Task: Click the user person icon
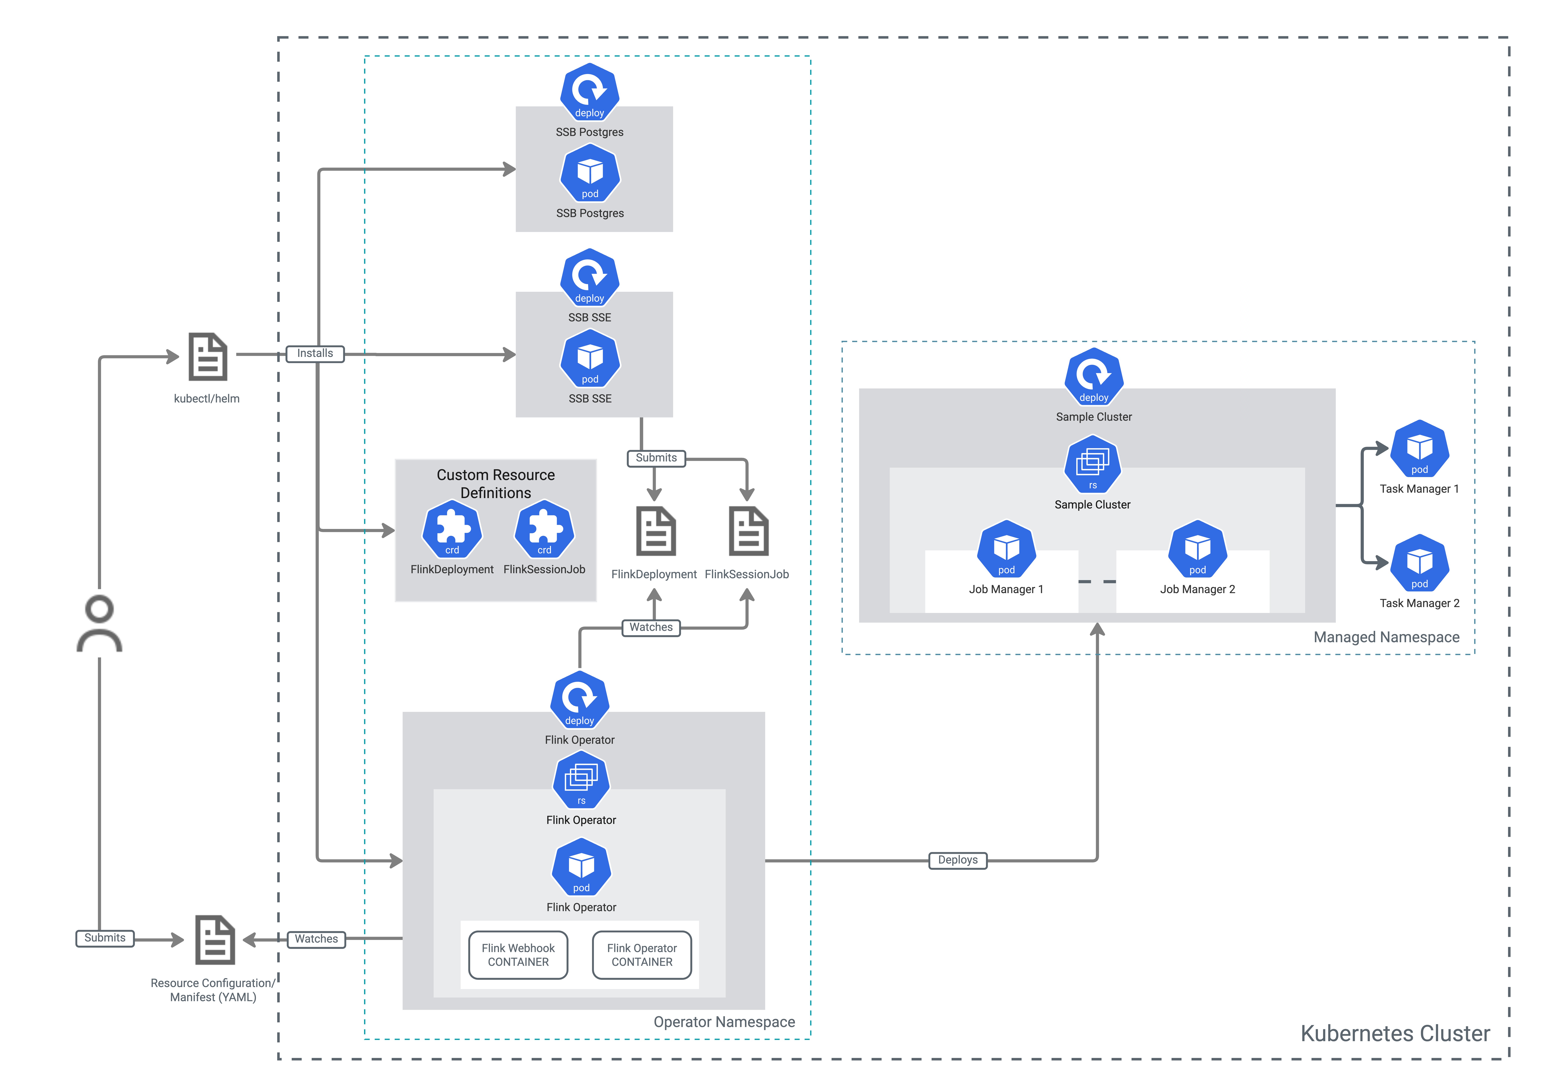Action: tap(99, 624)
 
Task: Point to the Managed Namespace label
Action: tap(1386, 637)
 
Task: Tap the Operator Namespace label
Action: tap(724, 1022)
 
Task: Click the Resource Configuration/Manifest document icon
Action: tap(215, 940)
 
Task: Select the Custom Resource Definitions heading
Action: tap(495, 484)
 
